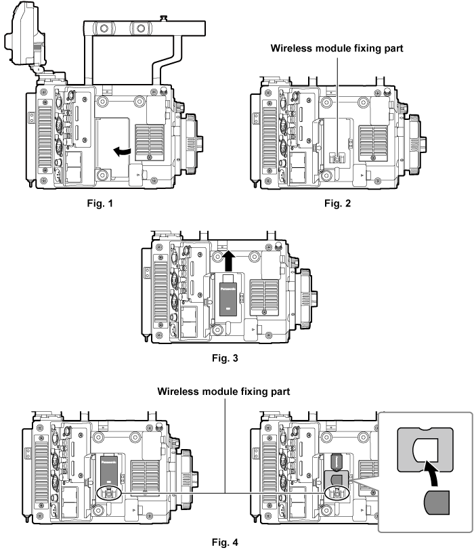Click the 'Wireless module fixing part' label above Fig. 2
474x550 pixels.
click(x=337, y=48)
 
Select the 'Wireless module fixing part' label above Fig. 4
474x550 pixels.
click(x=223, y=392)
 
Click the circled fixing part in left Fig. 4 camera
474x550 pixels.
click(x=108, y=491)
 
